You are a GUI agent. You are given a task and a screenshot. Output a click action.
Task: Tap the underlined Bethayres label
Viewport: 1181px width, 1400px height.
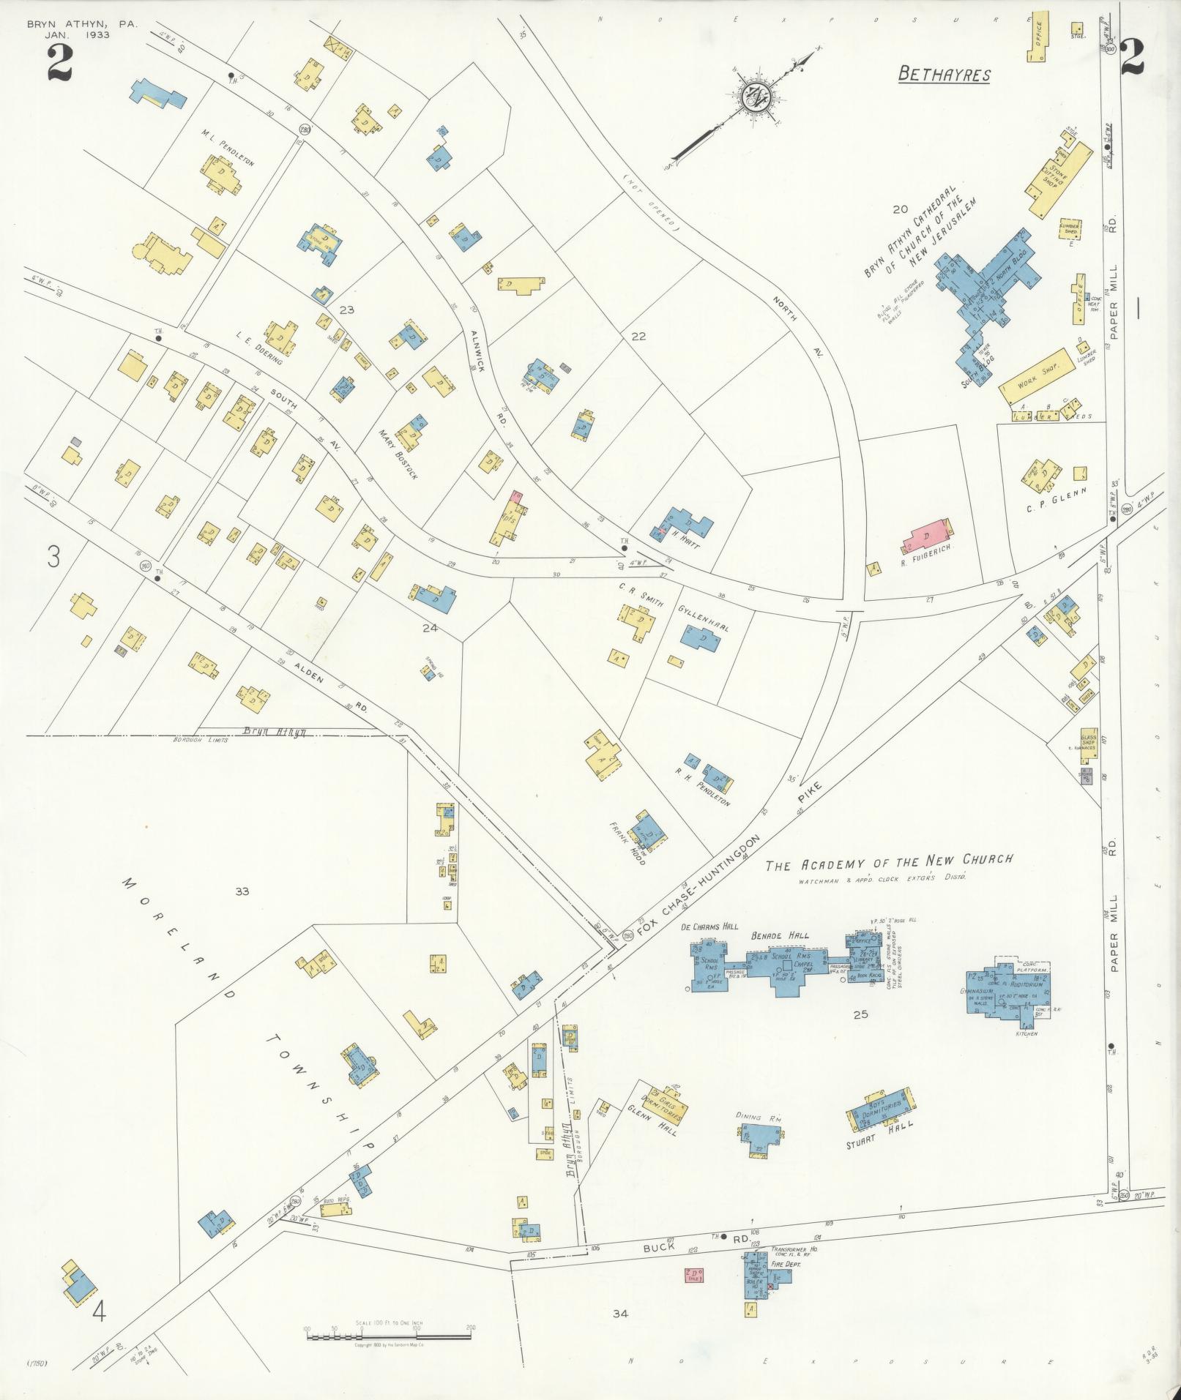pyautogui.click(x=944, y=75)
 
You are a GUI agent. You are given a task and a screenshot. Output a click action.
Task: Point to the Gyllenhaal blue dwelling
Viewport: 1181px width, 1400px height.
pyautogui.click(x=701, y=639)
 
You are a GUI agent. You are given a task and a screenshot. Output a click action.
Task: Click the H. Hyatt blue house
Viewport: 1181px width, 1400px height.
pyautogui.click(x=684, y=525)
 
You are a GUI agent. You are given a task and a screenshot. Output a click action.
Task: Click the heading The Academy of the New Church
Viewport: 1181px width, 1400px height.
pyautogui.click(x=889, y=863)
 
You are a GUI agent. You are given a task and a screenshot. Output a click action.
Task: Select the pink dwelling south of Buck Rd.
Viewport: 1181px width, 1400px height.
pyautogui.click(x=693, y=1276)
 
